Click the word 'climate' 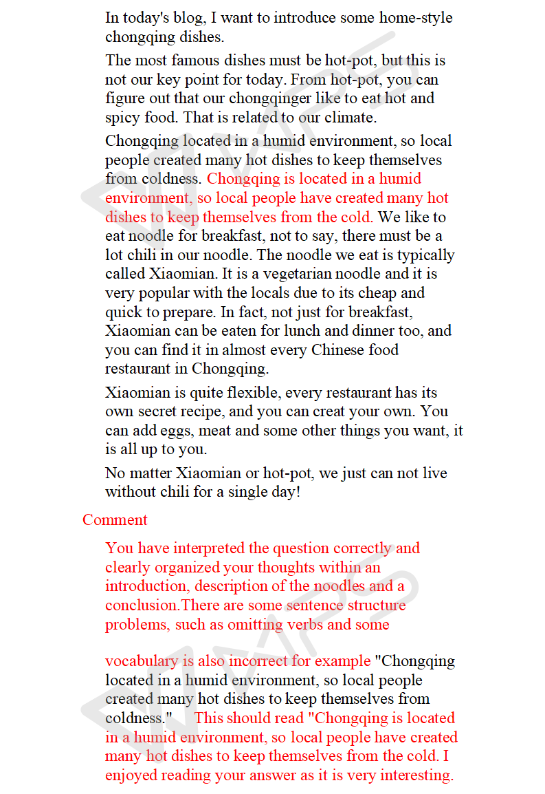(350, 118)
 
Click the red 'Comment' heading (115, 520)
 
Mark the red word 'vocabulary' (141, 662)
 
